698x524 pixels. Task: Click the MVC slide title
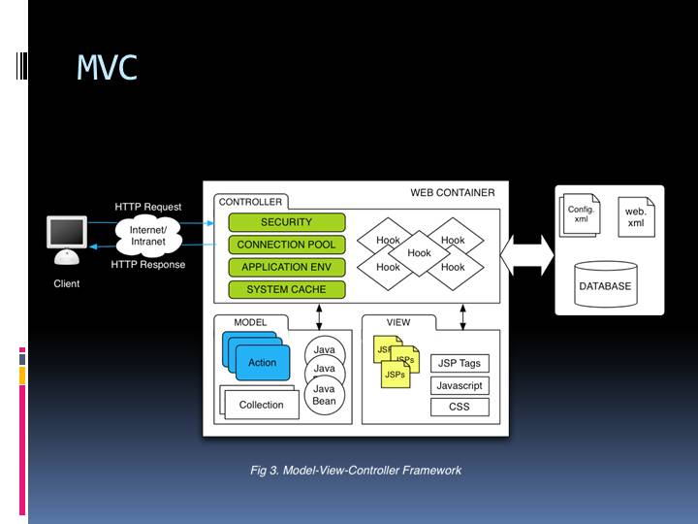[107, 67]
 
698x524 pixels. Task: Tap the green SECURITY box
[286, 222]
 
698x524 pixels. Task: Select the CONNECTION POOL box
[286, 245]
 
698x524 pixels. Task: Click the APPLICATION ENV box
[286, 267]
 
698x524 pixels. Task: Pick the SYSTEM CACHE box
[286, 289]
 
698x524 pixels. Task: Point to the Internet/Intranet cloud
[147, 235]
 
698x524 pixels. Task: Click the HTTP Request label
[147, 207]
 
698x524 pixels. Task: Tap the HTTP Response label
[147, 264]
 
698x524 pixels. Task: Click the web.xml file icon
[636, 216]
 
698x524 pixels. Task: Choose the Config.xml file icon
[581, 214]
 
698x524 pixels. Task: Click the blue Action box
[262, 362]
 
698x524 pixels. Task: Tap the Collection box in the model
[261, 405]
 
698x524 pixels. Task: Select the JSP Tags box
[460, 364]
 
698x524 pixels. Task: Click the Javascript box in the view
[460, 385]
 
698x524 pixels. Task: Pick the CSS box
[460, 407]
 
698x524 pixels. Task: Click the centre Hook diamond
[419, 253]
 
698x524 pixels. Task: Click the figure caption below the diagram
[356, 471]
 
